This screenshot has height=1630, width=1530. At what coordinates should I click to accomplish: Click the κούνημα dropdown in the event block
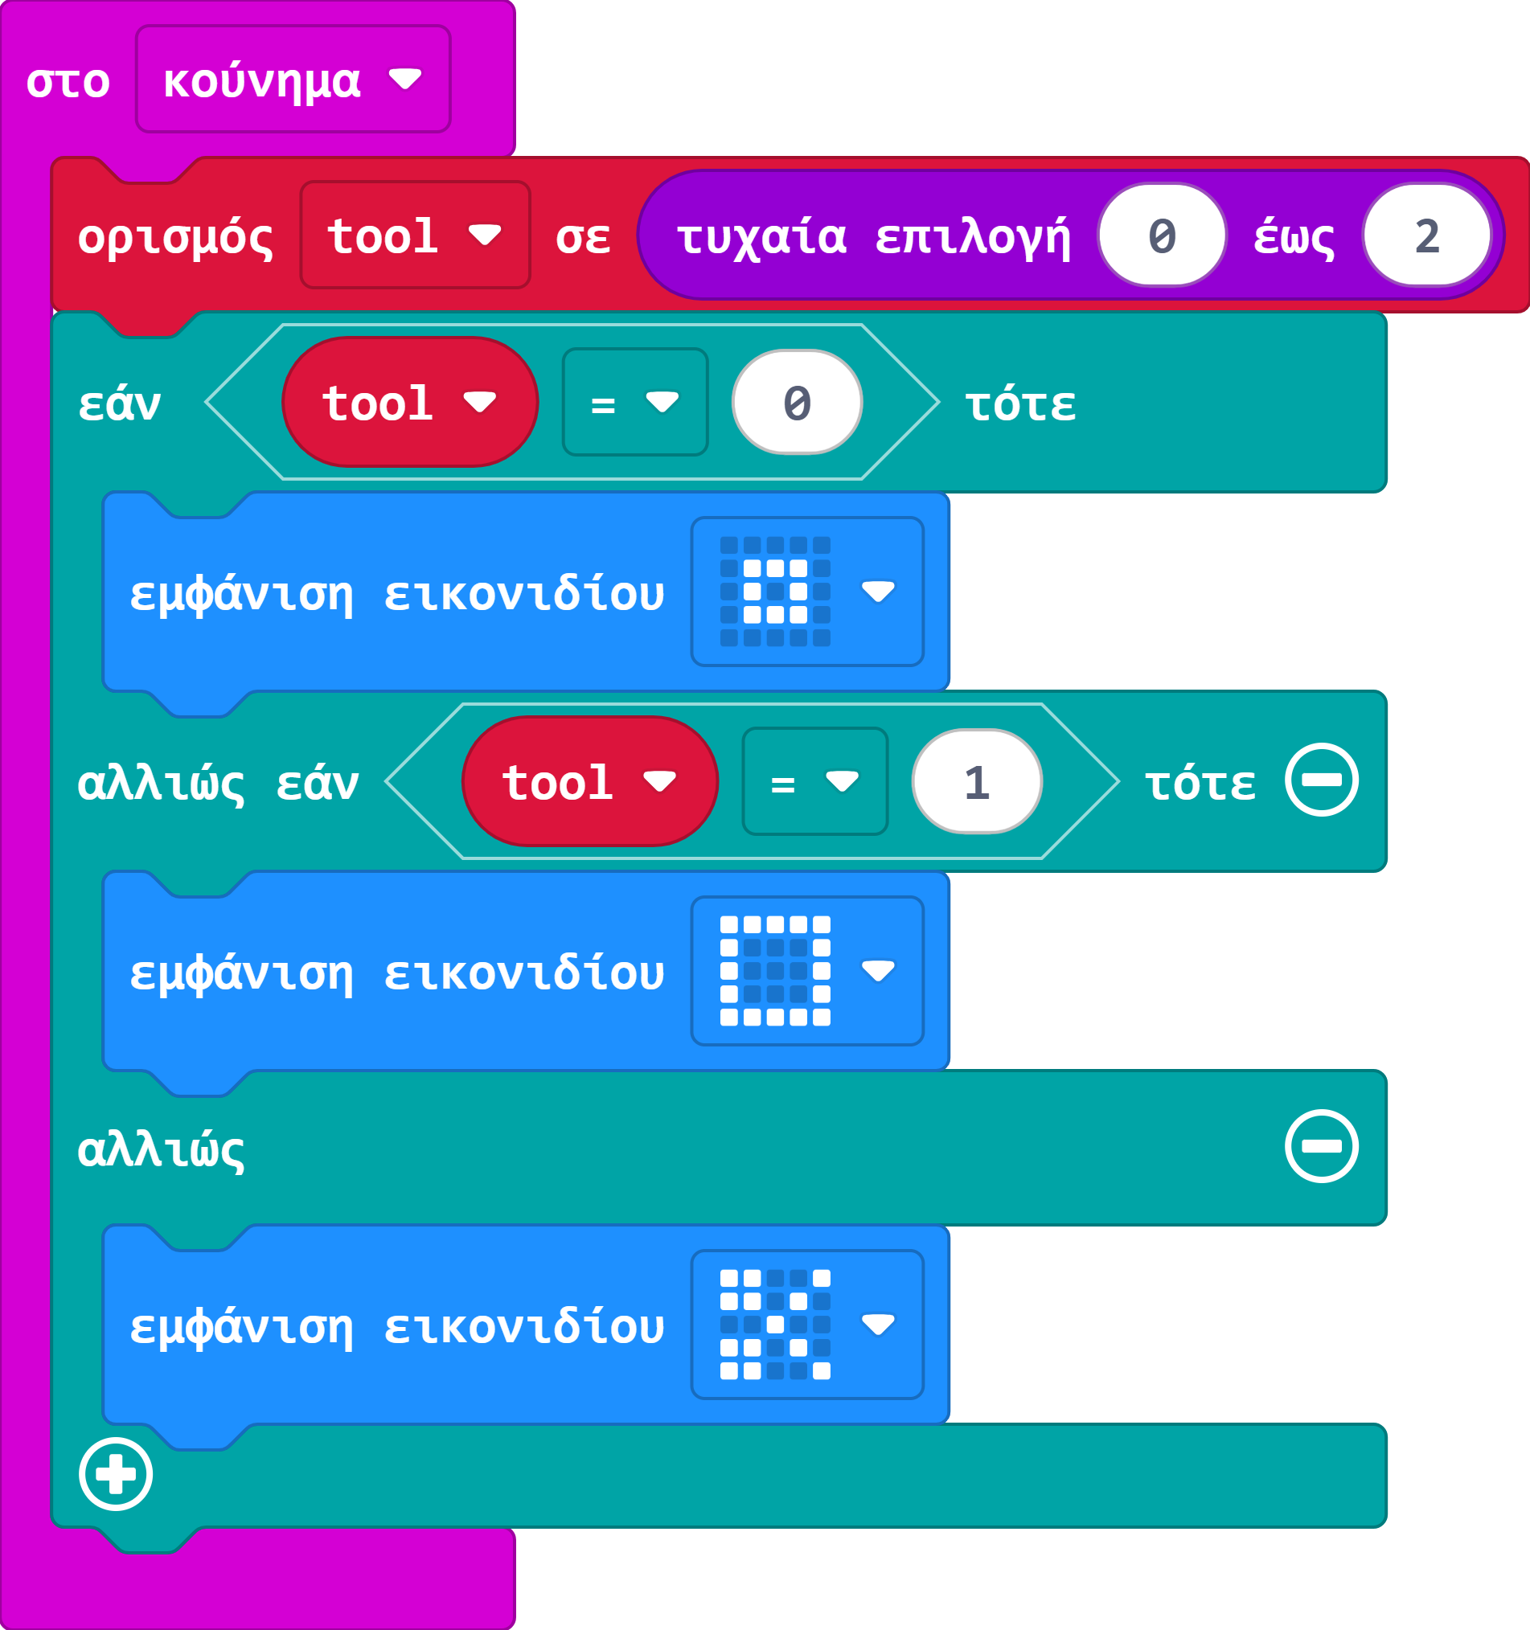[x=293, y=80]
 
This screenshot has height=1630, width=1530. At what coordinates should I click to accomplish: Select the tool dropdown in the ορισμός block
[x=414, y=235]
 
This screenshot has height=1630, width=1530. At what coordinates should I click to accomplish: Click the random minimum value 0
[x=1162, y=235]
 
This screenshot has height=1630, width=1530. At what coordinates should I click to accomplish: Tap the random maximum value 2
[x=1426, y=235]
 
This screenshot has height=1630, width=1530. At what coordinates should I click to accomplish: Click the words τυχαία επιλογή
[x=873, y=237]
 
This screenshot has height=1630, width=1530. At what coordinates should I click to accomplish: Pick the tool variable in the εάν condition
[x=409, y=403]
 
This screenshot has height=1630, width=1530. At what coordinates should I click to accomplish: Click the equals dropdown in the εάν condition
[x=634, y=403]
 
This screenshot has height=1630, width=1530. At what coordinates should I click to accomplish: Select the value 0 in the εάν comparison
[x=797, y=403]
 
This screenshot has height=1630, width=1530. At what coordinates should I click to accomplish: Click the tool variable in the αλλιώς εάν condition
[x=589, y=782]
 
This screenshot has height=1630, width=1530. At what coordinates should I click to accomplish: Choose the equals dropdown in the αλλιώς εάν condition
[x=814, y=782]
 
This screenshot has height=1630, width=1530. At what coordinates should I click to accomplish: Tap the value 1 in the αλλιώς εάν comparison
[x=976, y=782]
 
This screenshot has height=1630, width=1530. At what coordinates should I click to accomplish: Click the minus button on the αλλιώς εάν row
[x=1321, y=780]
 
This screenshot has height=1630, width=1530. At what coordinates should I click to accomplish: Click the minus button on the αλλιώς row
[x=1321, y=1146]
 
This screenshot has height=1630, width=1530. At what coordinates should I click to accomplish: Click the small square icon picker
[x=806, y=592]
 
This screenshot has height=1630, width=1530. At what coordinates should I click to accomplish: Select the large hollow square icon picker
[x=806, y=971]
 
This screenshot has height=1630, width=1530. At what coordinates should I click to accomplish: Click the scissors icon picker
[x=806, y=1324]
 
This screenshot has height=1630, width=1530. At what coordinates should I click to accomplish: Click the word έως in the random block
[x=1294, y=237]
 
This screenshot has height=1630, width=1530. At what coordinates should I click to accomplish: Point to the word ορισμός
[x=174, y=237]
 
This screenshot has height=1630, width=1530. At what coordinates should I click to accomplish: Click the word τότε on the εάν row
[x=1019, y=404]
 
